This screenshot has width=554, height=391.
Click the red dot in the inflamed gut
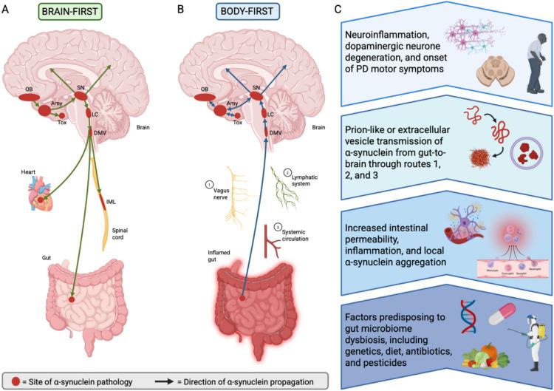(243, 299)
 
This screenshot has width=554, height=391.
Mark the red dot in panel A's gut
(71, 300)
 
